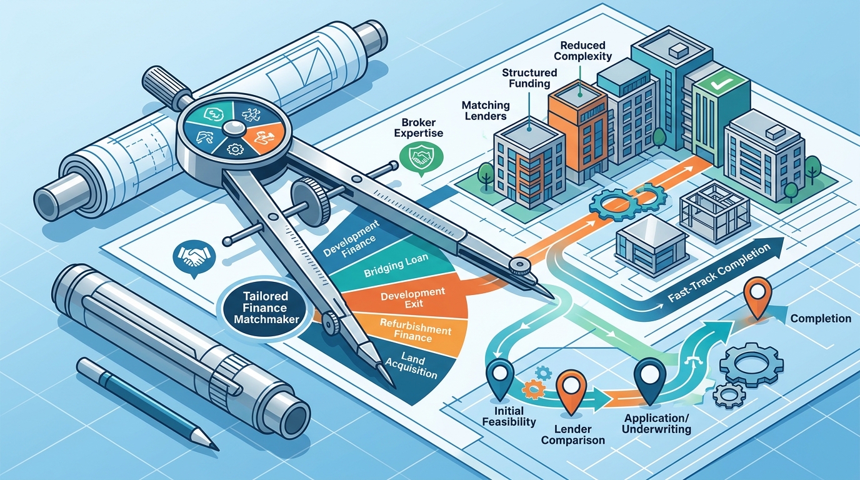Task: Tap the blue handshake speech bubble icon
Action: coord(194,258)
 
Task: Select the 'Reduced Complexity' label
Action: coord(582,51)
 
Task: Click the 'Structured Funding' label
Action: coord(529,78)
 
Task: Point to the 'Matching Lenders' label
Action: coord(486,110)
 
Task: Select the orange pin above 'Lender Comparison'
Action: coord(571,392)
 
